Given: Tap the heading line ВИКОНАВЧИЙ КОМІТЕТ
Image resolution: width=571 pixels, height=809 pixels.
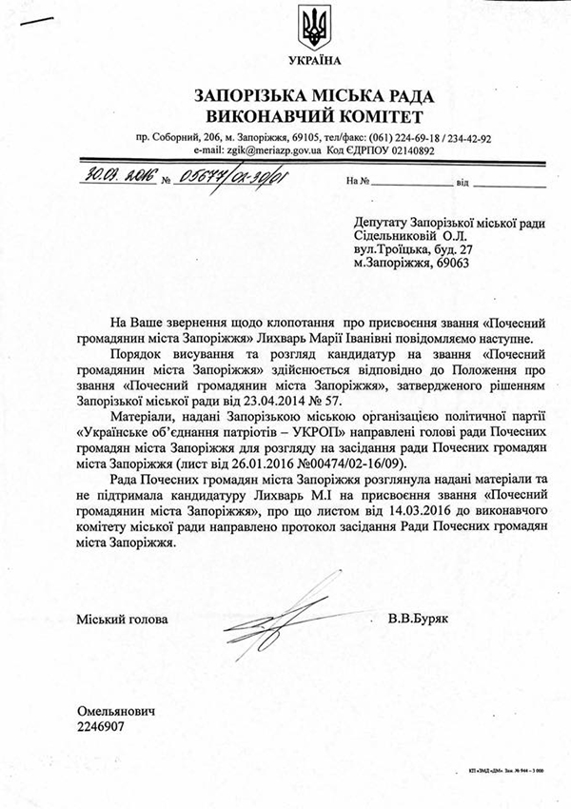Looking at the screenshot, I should [x=313, y=116].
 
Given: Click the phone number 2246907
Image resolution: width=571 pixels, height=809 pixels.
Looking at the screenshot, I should [x=103, y=726].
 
